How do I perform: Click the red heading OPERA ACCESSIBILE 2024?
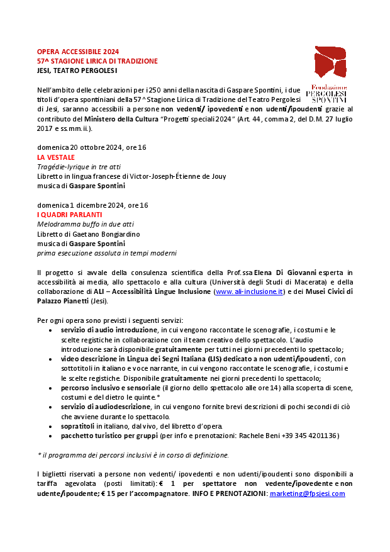click(77, 52)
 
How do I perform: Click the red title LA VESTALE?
click(56, 157)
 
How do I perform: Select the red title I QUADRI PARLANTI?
click(69, 215)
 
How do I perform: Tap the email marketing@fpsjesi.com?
click(307, 493)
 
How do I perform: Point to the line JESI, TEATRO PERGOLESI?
click(74, 70)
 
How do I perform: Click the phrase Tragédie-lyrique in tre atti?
click(79, 167)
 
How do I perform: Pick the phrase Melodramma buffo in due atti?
click(85, 225)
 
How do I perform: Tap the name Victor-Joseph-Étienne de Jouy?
click(174, 176)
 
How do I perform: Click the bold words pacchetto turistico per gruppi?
click(109, 435)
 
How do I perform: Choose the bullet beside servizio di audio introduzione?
click(50, 330)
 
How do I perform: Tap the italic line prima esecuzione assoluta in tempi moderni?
click(106, 253)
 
